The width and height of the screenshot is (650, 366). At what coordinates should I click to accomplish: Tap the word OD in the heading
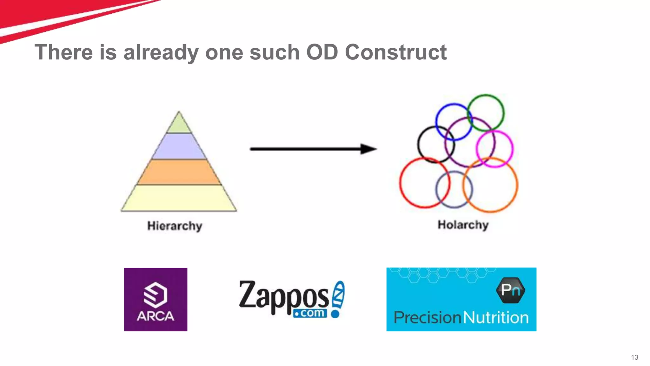point(322,52)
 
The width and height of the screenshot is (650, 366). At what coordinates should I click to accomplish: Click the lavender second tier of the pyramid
point(179,146)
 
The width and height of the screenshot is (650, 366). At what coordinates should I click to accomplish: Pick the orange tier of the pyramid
point(179,172)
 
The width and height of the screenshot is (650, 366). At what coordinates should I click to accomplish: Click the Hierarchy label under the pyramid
point(175,226)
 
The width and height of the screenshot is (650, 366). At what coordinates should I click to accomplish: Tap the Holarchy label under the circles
point(463,225)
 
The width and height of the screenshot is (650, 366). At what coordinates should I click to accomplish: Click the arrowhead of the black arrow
point(368,149)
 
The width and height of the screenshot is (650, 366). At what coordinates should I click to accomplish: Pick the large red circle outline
point(400,183)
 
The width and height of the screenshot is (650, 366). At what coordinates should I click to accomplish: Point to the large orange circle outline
point(517,185)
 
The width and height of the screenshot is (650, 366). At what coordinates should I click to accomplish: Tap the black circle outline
point(418,145)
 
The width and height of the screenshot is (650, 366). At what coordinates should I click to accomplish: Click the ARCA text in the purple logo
point(155,316)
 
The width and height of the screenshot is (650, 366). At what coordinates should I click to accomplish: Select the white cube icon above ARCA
point(155,295)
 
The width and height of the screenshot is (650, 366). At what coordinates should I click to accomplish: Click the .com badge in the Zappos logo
point(310,313)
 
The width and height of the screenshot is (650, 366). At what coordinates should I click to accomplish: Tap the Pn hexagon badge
point(510,290)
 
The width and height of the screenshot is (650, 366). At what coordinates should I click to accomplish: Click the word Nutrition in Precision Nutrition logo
point(496,317)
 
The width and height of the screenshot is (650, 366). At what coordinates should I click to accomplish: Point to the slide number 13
point(634,357)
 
